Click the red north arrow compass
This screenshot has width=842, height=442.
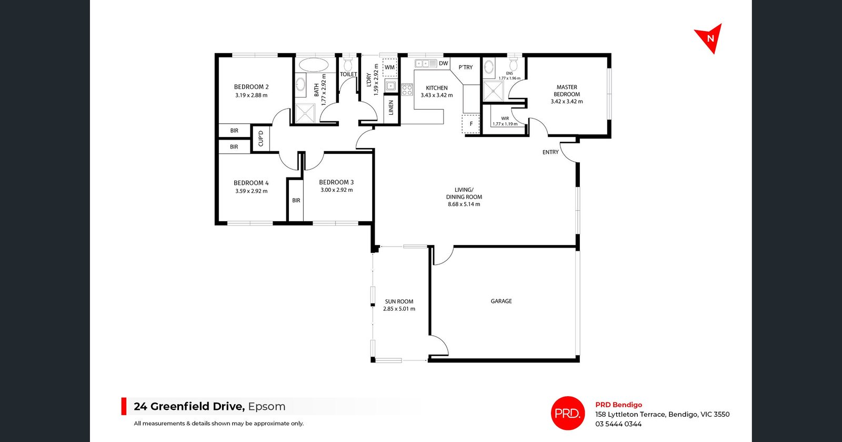709,38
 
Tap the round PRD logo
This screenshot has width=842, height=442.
568,413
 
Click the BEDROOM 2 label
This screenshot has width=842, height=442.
252,87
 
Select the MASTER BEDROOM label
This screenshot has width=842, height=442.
567,91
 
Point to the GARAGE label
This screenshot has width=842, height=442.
501,301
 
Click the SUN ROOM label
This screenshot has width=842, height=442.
399,302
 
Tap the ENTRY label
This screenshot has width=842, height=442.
550,152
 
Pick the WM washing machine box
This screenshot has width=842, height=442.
389,67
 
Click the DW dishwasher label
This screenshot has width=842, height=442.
444,63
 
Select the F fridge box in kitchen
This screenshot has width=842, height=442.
471,124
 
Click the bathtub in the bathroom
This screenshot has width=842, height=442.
314,65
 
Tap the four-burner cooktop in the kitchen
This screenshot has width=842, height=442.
407,90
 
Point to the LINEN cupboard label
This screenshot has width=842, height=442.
391,108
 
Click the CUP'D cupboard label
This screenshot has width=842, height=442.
261,139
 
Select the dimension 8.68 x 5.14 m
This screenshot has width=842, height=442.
464,204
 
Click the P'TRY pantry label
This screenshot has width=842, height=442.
466,67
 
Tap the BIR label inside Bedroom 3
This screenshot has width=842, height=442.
296,201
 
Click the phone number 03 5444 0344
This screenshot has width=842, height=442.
618,424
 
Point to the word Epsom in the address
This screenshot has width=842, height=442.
267,407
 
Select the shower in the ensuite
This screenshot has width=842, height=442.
493,91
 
